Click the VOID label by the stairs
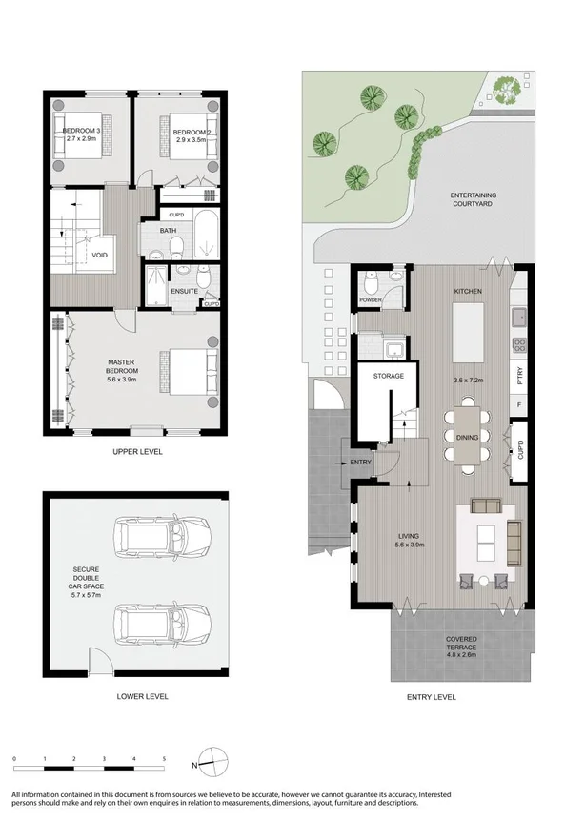pos(99,256)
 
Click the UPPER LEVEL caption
pos(134,452)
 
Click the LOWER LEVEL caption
pos(136,696)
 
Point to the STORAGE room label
pos(388,376)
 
